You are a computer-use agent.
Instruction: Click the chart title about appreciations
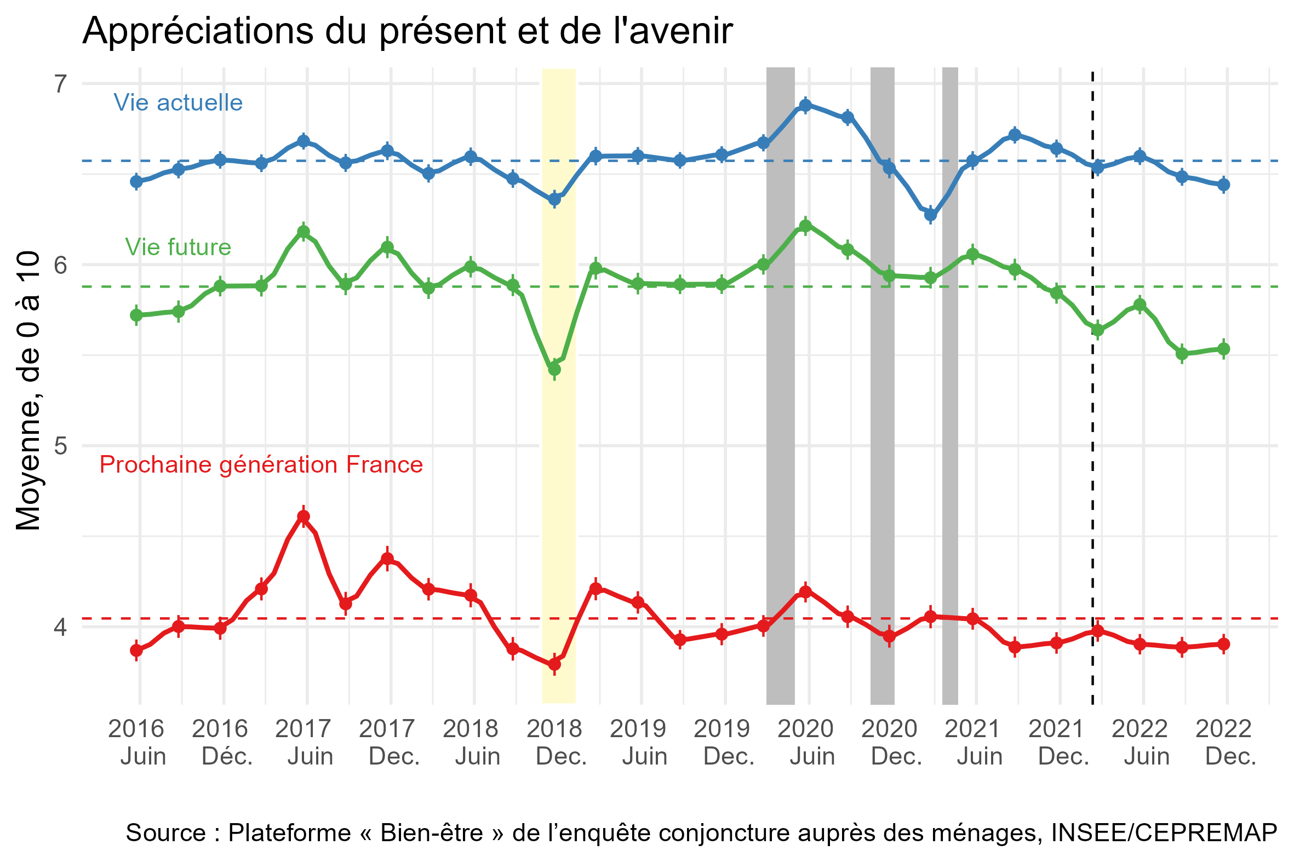(407, 31)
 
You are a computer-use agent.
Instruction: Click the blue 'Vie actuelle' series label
(178, 103)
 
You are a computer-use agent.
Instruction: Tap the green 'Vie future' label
(178, 248)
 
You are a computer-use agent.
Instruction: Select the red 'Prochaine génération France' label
(261, 465)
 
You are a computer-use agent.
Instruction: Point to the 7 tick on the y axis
(60, 84)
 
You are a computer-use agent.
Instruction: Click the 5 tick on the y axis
(60, 446)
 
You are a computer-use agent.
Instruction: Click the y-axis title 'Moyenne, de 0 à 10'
(28, 391)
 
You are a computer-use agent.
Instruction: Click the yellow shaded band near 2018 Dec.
(559, 495)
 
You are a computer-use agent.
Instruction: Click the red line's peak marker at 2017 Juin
(304, 517)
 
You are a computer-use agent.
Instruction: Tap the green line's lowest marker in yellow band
(554, 370)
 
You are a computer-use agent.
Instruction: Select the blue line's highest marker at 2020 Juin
(805, 106)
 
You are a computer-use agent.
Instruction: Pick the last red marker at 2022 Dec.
(1224, 644)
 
